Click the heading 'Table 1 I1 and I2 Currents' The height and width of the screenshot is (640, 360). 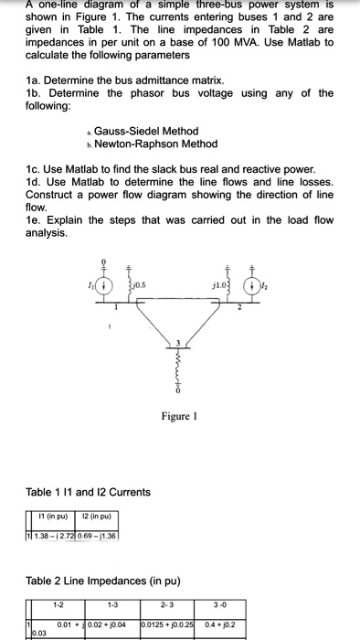[88, 492]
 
